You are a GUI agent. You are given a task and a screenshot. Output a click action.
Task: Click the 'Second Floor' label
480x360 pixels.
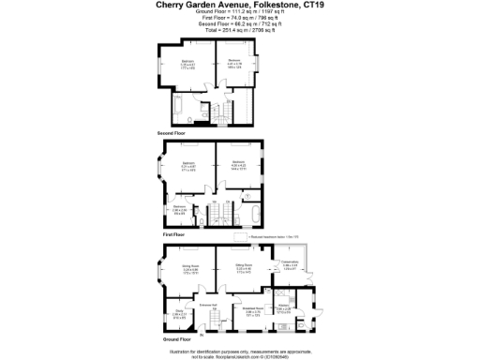pyautogui.click(x=173, y=133)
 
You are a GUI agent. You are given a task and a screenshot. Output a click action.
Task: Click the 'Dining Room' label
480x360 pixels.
pyautogui.click(x=190, y=268)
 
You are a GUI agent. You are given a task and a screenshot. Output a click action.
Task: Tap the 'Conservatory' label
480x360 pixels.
pyautogui.click(x=290, y=264)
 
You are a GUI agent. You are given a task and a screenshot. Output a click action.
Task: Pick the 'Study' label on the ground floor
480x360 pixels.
pyautogui.click(x=178, y=314)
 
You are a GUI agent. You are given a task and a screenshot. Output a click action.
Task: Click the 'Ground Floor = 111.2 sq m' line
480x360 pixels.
pyautogui.click(x=241, y=14)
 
